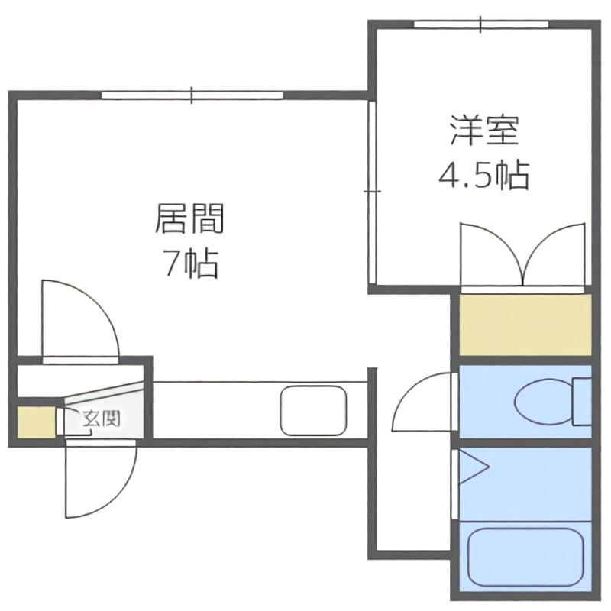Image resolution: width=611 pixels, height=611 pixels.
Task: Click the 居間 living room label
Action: (x=189, y=218)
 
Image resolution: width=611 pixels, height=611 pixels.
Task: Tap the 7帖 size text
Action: (x=190, y=263)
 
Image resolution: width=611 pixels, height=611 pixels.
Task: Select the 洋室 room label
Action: (x=484, y=131)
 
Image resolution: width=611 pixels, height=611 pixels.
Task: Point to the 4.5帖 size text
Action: (x=483, y=175)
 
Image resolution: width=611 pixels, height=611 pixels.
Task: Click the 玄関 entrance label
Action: (x=101, y=419)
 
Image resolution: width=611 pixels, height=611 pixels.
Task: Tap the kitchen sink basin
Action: (x=313, y=411)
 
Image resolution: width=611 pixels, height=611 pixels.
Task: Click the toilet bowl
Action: (x=545, y=402)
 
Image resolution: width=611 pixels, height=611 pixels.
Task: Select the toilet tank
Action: (x=582, y=402)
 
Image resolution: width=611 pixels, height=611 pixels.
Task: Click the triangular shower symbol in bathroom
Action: (x=474, y=467)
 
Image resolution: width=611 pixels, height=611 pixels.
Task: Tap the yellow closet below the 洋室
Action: (x=525, y=325)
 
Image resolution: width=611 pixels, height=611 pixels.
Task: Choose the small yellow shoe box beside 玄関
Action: (x=36, y=422)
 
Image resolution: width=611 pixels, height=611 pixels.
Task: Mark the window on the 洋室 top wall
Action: (x=481, y=24)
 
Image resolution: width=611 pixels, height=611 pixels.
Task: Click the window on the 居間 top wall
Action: (x=192, y=95)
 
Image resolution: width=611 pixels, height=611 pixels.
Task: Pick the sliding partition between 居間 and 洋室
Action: (x=372, y=192)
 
